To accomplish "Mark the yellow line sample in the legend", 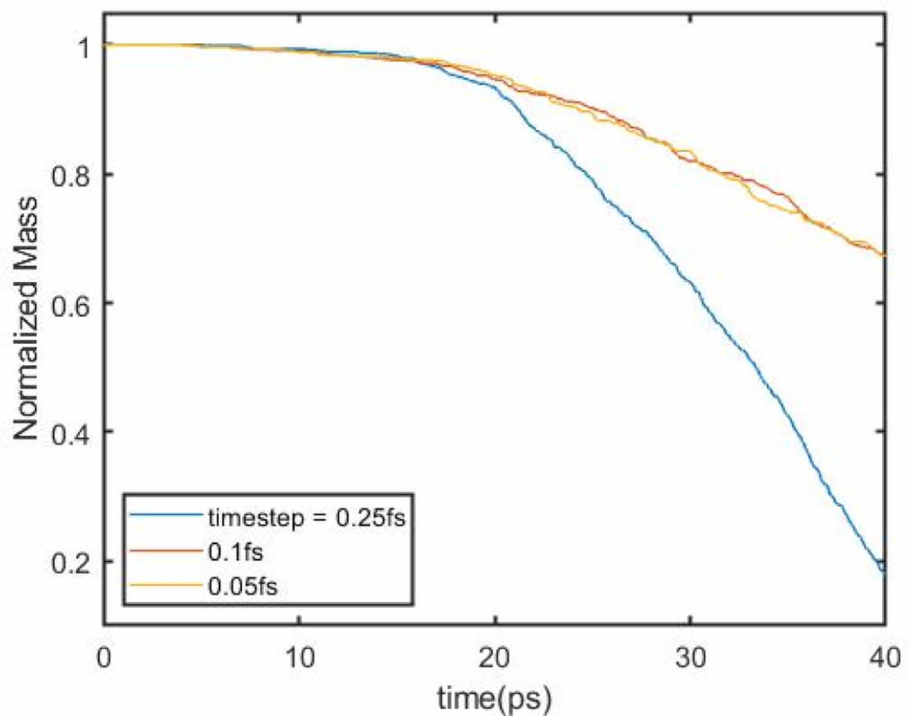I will pyautogui.click(x=163, y=587).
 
